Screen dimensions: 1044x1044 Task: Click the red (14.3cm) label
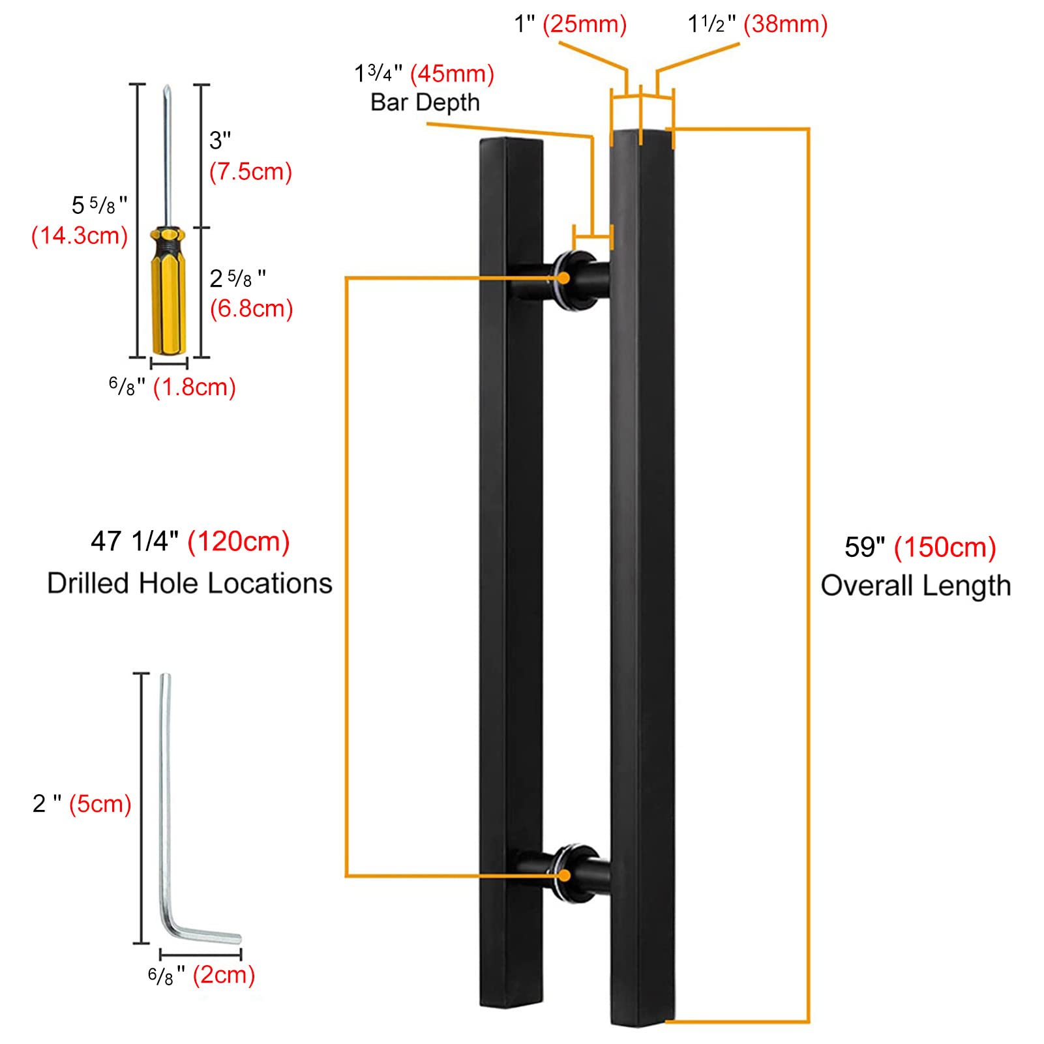pos(80,235)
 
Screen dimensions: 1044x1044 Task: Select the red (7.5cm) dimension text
pos(250,172)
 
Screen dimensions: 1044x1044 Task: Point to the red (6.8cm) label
pos(251,308)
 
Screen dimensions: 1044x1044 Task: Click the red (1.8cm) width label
pos(194,387)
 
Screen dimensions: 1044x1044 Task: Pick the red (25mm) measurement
pos(584,25)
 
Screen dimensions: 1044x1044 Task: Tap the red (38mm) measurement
pos(786,25)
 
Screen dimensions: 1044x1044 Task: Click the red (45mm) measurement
pos(452,74)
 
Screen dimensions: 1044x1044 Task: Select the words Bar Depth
pos(425,102)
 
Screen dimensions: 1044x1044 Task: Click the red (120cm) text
pos(239,542)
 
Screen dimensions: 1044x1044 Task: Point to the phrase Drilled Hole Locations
pos(190,583)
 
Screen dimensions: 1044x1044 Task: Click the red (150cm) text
pos(945,547)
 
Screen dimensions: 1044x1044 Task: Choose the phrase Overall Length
pos(916,586)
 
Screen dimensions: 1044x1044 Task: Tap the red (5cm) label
pos(100,803)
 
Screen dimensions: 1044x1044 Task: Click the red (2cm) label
pos(224,976)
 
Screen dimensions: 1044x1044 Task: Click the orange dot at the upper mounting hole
pos(563,278)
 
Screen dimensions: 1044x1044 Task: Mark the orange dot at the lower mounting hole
pos(563,875)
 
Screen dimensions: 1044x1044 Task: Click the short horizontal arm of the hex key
pos(209,934)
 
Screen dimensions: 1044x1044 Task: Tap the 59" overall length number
pos(865,547)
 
